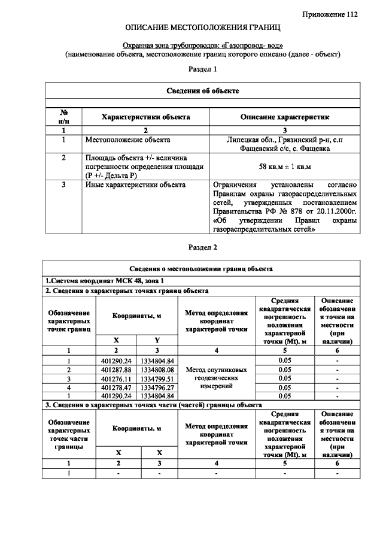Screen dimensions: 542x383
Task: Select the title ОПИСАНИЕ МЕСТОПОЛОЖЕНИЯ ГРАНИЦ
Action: click(x=202, y=28)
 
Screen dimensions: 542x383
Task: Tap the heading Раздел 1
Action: click(x=202, y=69)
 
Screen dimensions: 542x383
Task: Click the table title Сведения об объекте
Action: click(x=202, y=90)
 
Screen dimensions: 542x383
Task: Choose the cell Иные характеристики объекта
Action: click(x=135, y=185)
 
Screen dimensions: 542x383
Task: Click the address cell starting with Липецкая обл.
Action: click(x=284, y=144)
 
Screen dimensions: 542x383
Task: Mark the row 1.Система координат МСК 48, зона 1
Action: click(x=105, y=280)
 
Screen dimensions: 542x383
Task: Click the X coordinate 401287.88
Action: click(x=116, y=370)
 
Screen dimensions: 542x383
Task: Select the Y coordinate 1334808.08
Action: click(x=157, y=370)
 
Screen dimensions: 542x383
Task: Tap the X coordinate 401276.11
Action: click(x=116, y=379)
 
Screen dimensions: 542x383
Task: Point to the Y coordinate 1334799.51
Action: click(x=157, y=379)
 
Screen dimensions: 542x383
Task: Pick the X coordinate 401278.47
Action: click(x=116, y=387)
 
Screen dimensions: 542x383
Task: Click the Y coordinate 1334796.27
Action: click(x=157, y=387)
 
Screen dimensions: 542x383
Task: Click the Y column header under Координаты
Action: click(x=157, y=340)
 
